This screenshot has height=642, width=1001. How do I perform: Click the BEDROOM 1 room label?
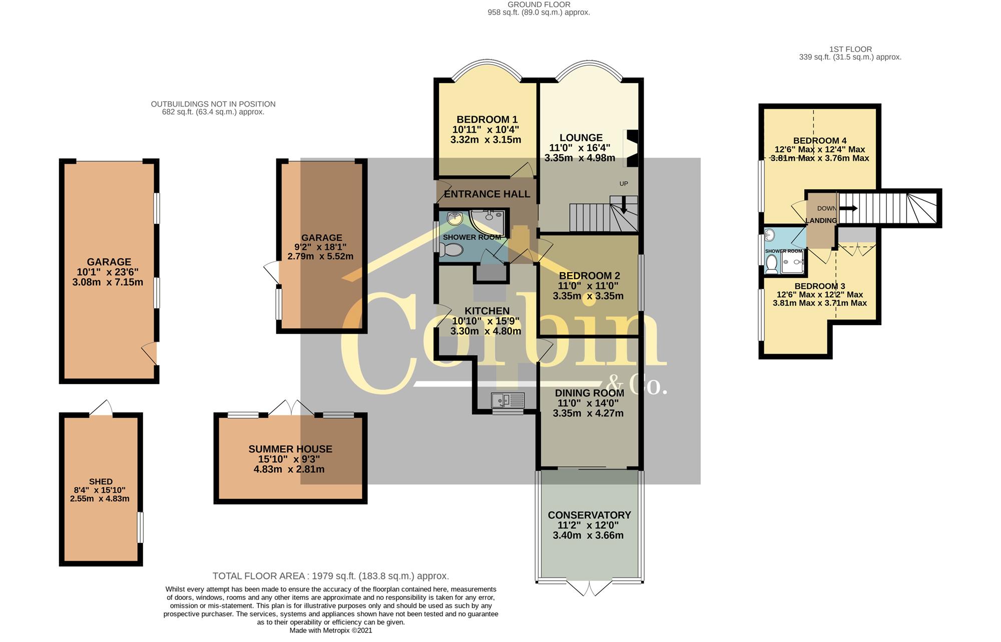487,120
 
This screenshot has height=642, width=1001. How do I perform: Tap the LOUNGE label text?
581,138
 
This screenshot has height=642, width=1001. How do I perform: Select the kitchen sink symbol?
508,400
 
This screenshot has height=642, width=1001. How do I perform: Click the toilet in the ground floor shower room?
452,249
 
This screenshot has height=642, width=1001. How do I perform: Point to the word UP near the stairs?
624,184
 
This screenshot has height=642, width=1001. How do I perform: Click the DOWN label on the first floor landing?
826,208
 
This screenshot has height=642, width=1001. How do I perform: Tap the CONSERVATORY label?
589,515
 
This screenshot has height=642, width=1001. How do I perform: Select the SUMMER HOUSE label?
290,449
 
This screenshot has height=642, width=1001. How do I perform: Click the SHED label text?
101,482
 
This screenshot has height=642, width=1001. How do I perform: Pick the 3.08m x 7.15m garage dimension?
108,282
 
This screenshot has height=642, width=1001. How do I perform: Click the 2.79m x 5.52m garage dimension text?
320,256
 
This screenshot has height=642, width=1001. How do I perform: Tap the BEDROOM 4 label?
820,141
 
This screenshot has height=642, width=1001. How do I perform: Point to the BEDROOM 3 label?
820,286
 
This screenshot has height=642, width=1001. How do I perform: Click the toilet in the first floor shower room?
771,264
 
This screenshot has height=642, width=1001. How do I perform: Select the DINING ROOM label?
590,393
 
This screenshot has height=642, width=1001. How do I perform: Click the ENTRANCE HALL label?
487,194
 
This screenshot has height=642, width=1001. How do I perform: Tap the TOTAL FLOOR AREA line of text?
330,576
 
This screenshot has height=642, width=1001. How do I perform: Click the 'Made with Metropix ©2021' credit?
331,630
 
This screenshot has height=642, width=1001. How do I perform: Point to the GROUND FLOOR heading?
539,5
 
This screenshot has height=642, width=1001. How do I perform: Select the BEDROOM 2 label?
589,276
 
